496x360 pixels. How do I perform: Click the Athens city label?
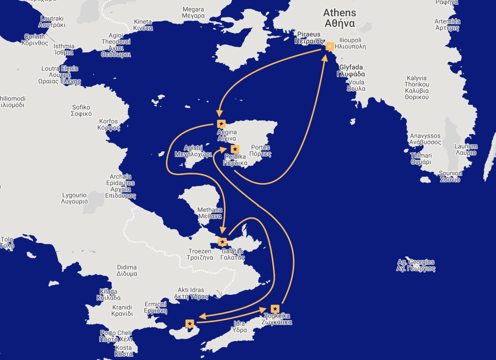click(340, 18)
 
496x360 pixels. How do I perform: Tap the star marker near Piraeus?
click(330, 46)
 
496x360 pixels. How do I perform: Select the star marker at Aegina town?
click(221, 124)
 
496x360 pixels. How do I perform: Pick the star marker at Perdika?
click(235, 149)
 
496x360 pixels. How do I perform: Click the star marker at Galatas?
click(222, 242)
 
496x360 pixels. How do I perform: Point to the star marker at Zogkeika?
click(275, 309)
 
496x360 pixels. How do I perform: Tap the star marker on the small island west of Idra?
click(190, 323)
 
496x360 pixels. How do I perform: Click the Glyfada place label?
click(351, 71)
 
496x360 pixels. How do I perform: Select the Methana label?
click(210, 213)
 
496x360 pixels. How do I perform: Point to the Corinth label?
click(35, 40)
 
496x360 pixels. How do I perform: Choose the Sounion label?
click(450, 176)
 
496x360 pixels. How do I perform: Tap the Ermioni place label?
click(155, 307)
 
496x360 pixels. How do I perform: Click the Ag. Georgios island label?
click(416, 265)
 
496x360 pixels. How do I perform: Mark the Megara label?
click(193, 12)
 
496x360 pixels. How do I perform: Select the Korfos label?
click(109, 124)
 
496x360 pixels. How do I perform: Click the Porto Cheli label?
click(116, 336)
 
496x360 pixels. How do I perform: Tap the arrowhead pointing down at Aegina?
click(219, 114)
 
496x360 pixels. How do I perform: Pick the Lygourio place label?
click(74, 198)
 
